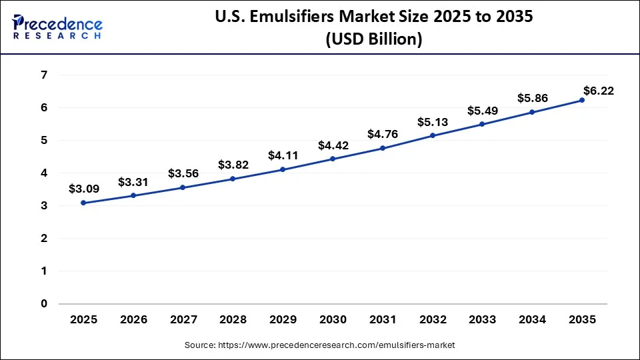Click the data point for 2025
(x=83, y=203)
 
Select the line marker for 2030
(x=333, y=159)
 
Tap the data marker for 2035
(x=582, y=100)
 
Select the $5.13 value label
(x=431, y=122)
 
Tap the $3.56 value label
(x=182, y=173)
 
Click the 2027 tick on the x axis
(x=183, y=319)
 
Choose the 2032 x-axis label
(x=432, y=319)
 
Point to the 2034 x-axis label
(x=532, y=319)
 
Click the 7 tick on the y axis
(x=43, y=75)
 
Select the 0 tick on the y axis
(x=43, y=304)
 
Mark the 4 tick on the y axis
(x=43, y=173)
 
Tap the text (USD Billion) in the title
(x=373, y=39)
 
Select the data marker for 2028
(x=233, y=179)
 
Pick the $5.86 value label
(x=532, y=98)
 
